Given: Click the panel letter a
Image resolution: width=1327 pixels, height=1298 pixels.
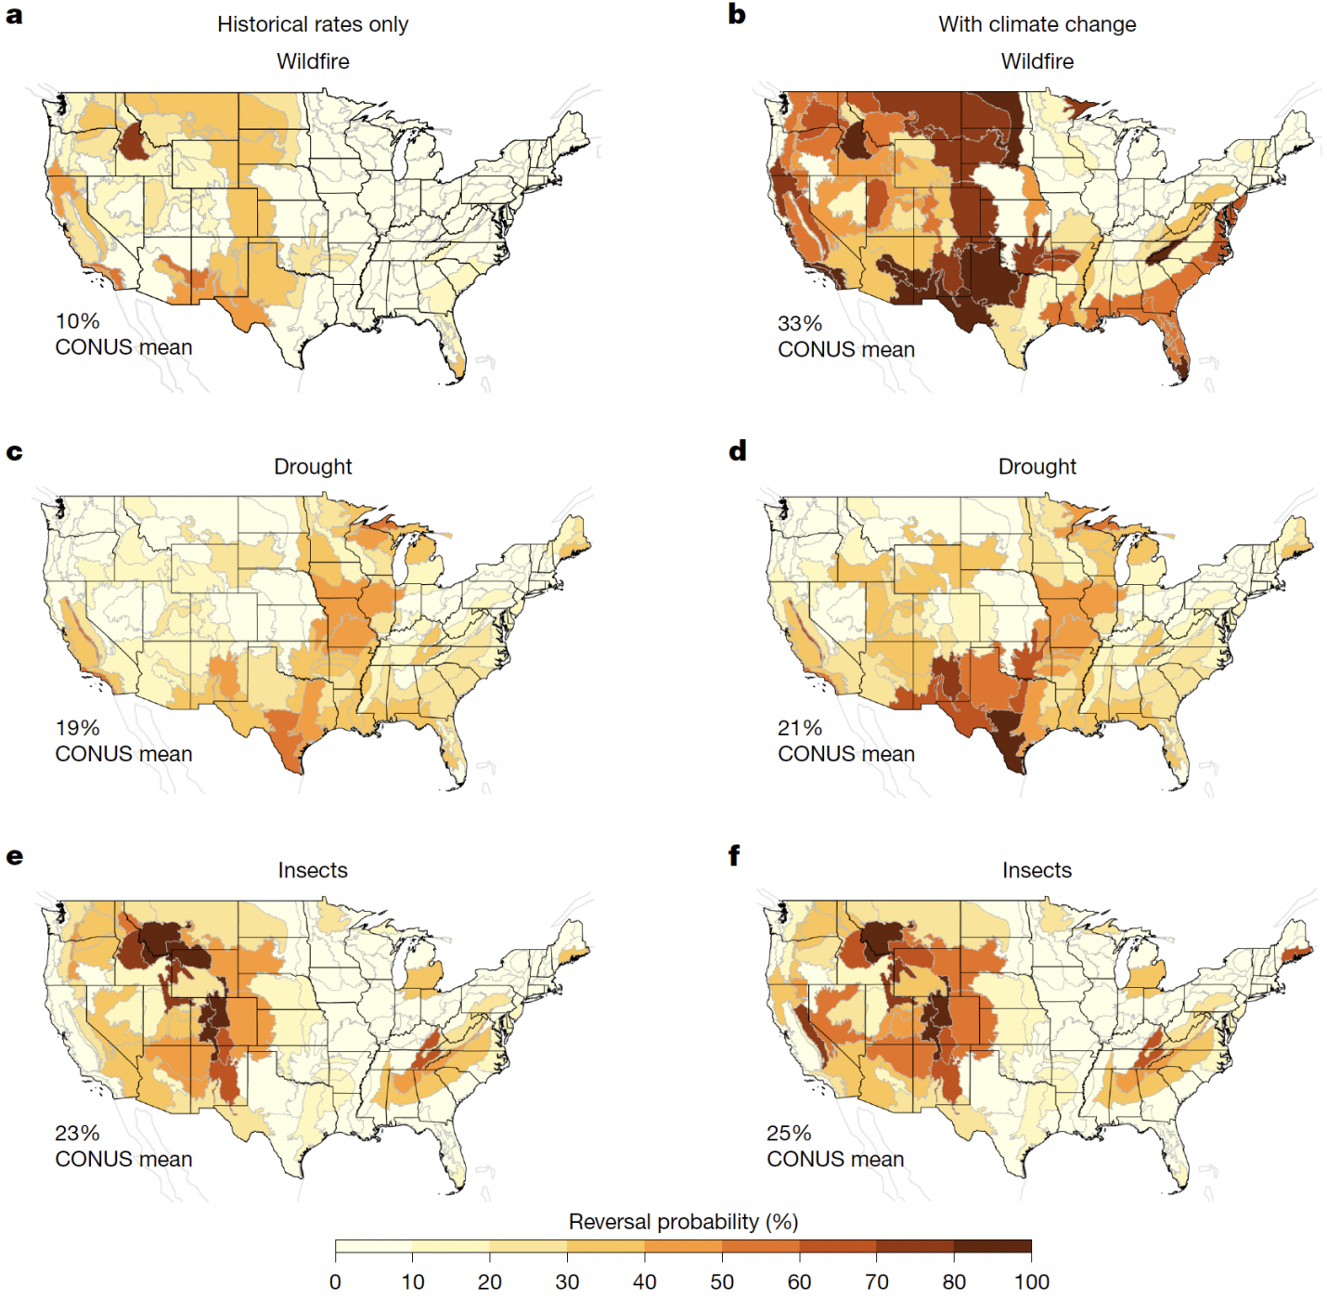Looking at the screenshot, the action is point(14,16).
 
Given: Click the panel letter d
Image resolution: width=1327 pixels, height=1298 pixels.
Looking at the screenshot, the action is point(737,451).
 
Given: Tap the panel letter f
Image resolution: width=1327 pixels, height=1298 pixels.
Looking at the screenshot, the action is point(734,855).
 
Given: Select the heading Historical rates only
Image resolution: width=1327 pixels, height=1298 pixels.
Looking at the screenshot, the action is point(313,24).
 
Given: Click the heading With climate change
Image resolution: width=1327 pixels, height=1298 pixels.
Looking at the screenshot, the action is point(1037,24).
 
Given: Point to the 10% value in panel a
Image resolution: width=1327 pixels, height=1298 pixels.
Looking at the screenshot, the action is point(77,320).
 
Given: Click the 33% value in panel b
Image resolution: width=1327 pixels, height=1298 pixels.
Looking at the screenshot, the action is point(799,323).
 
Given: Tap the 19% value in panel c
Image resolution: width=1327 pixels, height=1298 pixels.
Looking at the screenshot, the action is point(77,728).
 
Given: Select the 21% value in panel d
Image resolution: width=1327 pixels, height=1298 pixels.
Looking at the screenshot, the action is point(799,728).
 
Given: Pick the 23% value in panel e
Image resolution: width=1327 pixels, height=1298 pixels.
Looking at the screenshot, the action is point(77,1133).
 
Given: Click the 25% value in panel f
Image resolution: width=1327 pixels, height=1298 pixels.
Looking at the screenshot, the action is point(789,1133).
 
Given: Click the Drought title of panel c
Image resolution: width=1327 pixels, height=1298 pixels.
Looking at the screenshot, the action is point(313,467).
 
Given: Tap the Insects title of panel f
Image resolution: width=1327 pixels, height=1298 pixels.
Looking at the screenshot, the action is point(1037,870).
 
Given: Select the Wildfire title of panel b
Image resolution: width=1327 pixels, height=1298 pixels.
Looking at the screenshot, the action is point(1037,61).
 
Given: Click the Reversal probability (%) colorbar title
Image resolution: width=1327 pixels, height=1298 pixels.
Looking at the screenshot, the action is point(683,1222).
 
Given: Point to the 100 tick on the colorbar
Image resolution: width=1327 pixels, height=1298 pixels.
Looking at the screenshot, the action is point(1031,1281).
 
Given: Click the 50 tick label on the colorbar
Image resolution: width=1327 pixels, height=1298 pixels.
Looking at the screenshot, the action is point(722,1281).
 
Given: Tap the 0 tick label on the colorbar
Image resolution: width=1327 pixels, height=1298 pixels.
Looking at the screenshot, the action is point(336,1281).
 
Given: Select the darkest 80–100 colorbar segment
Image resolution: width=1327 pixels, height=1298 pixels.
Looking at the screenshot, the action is point(992,1246).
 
